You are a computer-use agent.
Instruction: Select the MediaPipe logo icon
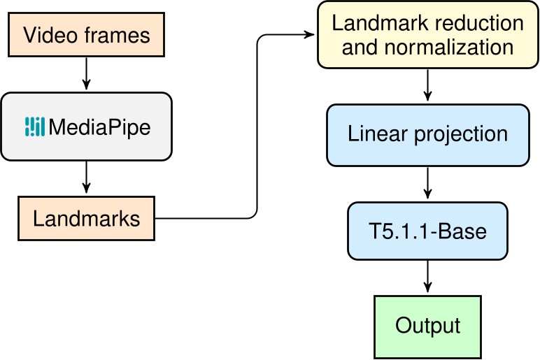(35, 126)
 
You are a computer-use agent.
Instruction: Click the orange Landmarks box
(86, 218)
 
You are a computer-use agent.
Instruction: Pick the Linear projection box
(428, 135)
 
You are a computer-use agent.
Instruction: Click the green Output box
(427, 326)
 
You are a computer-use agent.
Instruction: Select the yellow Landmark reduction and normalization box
(427, 35)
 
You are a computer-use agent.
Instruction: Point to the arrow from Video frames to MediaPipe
(86, 73)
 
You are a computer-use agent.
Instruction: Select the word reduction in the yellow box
(476, 22)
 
